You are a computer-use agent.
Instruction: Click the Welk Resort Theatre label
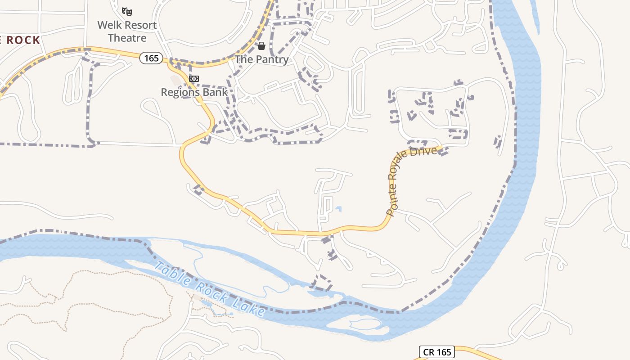[x=127, y=31]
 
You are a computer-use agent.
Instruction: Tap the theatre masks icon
[x=127, y=11]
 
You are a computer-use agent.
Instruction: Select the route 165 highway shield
[x=151, y=58]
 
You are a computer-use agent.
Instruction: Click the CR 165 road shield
[x=436, y=352]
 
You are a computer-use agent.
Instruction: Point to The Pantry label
[x=261, y=59]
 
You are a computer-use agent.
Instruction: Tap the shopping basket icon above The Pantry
[x=261, y=46]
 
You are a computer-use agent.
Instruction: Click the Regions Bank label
[x=194, y=92]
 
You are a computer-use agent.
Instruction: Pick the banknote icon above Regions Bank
[x=194, y=79]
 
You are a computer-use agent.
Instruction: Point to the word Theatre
[x=127, y=38]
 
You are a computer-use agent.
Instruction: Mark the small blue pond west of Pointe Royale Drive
[x=338, y=209]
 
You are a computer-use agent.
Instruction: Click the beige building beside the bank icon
[x=175, y=80]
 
